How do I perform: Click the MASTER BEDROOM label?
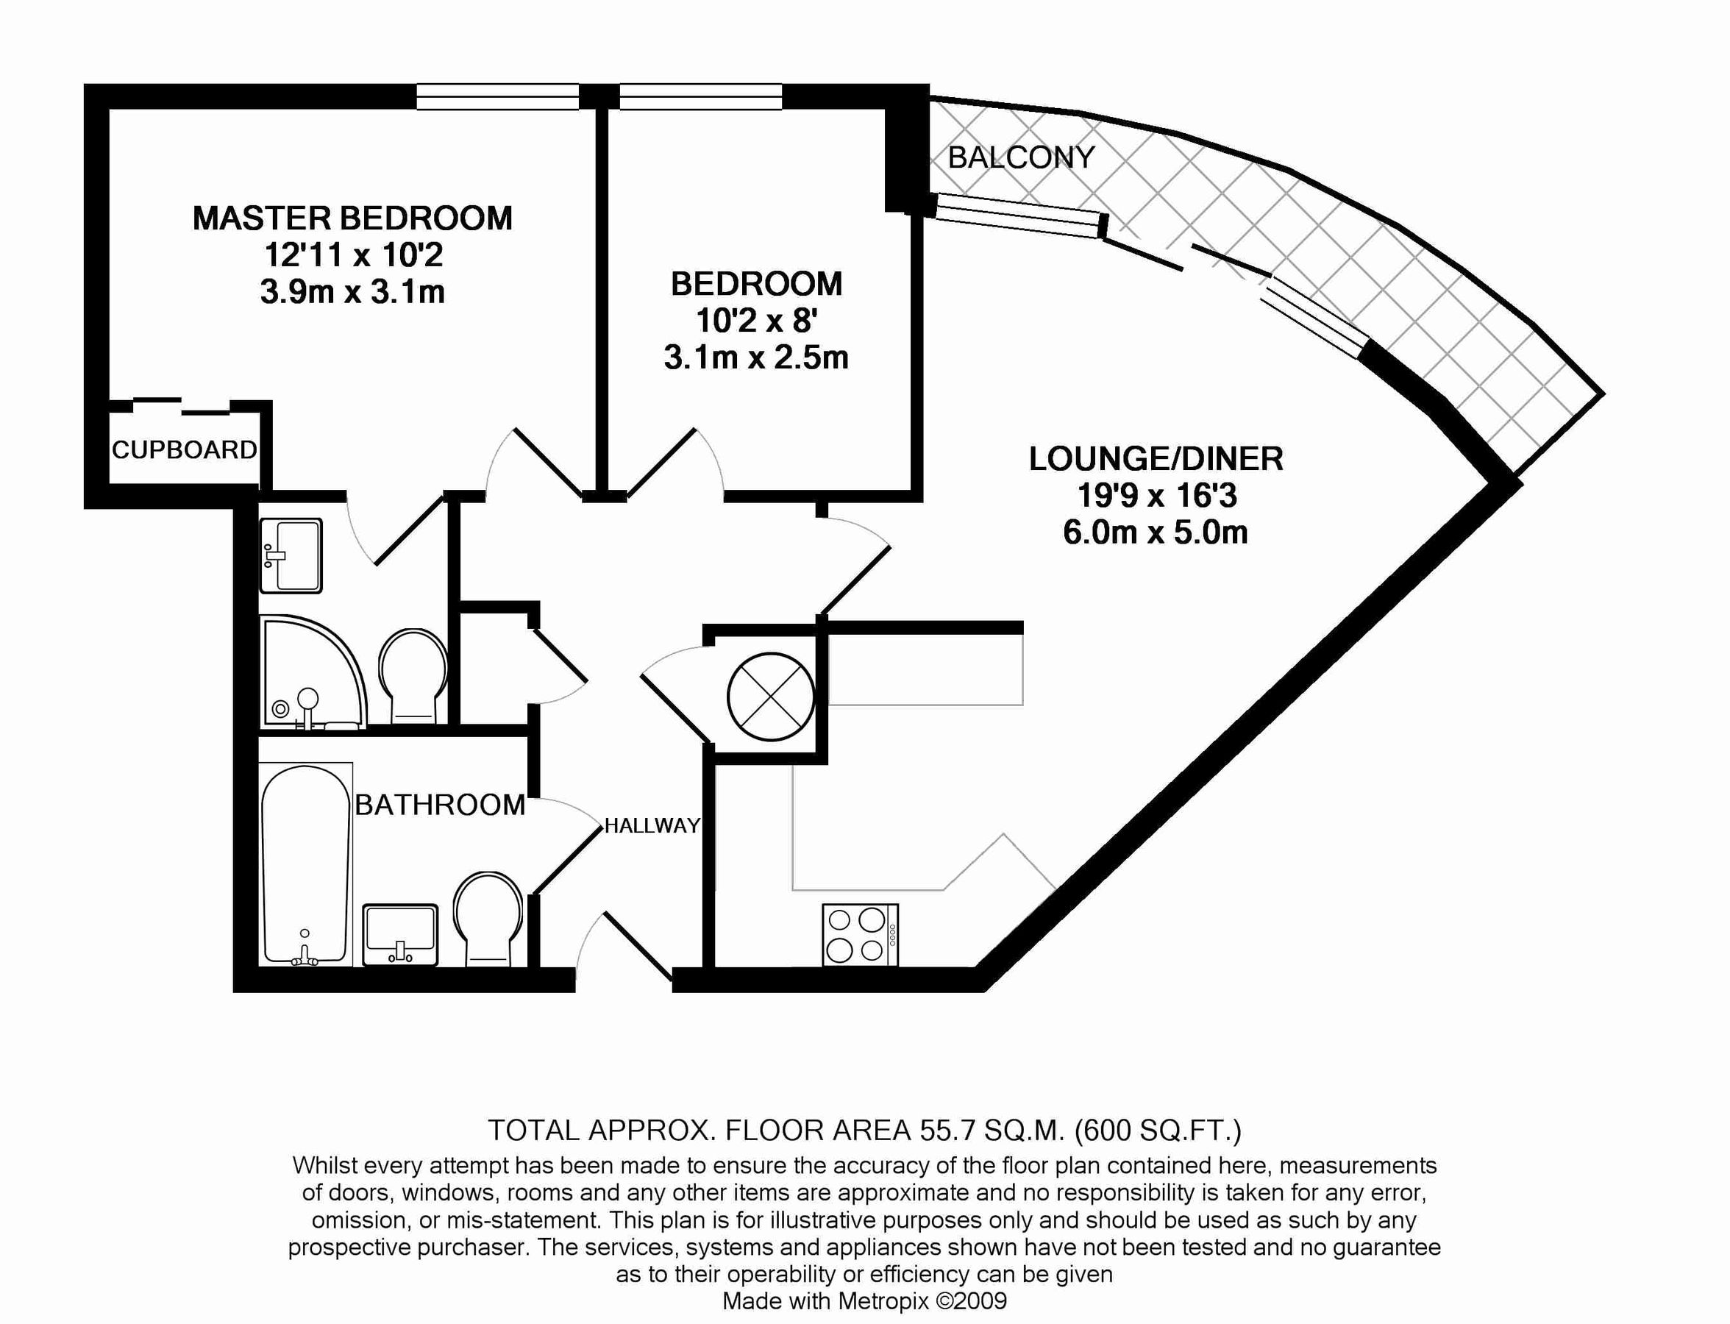click(352, 218)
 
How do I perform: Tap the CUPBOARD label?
click(184, 450)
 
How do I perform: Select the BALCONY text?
click(1021, 157)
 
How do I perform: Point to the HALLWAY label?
click(652, 826)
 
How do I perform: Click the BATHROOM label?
click(440, 805)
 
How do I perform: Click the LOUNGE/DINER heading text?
click(1156, 459)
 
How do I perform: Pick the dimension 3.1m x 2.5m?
click(756, 357)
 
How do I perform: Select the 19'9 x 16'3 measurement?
click(1156, 496)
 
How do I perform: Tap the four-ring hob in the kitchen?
click(860, 935)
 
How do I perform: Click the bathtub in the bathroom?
click(305, 864)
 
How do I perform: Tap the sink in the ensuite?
click(291, 555)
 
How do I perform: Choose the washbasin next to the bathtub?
click(399, 935)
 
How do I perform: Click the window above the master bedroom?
click(497, 97)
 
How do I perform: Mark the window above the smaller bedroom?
click(701, 97)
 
